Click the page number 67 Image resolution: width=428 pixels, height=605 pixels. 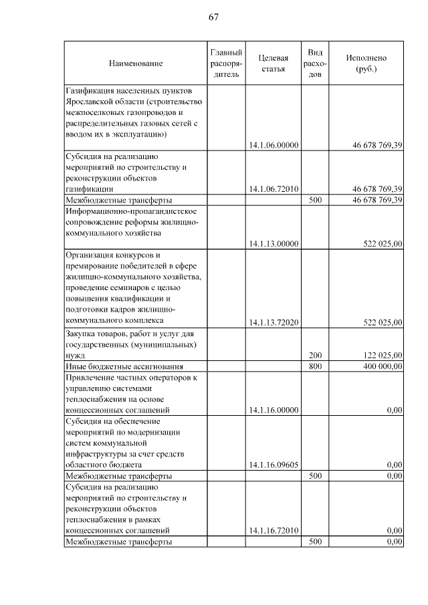[x=213, y=17]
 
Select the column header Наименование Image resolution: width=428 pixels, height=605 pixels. [x=136, y=64]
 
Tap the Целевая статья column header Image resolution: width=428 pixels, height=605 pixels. [x=273, y=64]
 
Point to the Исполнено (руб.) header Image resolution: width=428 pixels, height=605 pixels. [x=366, y=64]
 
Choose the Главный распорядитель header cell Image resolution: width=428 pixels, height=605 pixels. [x=225, y=64]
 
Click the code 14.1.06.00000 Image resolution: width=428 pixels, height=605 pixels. [x=273, y=145]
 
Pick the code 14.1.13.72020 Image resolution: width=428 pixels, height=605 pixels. [x=273, y=322]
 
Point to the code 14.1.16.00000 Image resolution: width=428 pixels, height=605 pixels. [x=273, y=410]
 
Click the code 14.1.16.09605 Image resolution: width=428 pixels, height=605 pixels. [x=273, y=465]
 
